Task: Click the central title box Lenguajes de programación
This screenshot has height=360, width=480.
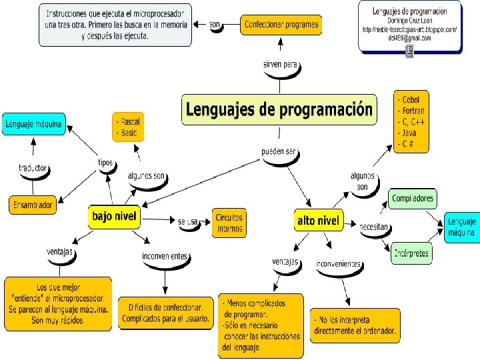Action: tap(278, 109)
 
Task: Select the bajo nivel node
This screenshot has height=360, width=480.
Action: tap(114, 216)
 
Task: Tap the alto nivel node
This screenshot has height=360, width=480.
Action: tap(317, 221)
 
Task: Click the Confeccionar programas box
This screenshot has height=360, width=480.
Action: tap(281, 25)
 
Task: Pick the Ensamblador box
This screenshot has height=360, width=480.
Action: tap(32, 205)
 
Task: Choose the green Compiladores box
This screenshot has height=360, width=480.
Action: tap(413, 198)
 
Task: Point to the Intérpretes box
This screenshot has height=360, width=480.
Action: tap(411, 253)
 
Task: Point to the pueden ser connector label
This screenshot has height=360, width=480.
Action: tap(279, 152)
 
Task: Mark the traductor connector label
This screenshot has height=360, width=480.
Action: tap(33, 168)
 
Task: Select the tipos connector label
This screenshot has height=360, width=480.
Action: tap(105, 163)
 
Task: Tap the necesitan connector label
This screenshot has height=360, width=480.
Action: tap(374, 227)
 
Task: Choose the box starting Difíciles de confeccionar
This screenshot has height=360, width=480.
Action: tap(162, 313)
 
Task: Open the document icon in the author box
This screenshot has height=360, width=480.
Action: tap(409, 51)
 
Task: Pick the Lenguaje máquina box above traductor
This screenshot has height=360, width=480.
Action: tap(34, 123)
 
